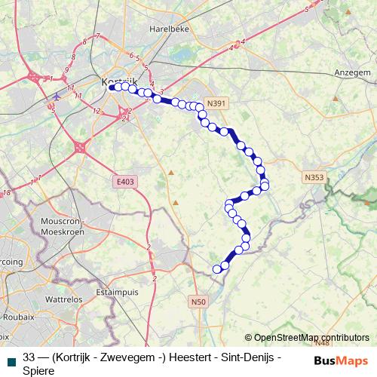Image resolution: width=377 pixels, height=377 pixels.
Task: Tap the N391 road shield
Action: click(216, 104)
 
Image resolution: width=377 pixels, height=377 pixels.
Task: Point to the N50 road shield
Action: click(198, 302)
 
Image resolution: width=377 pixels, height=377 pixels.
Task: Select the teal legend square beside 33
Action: click(11, 360)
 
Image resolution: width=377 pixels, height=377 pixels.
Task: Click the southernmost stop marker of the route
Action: click(217, 268)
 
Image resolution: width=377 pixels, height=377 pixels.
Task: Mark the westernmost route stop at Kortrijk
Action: click(111, 87)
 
